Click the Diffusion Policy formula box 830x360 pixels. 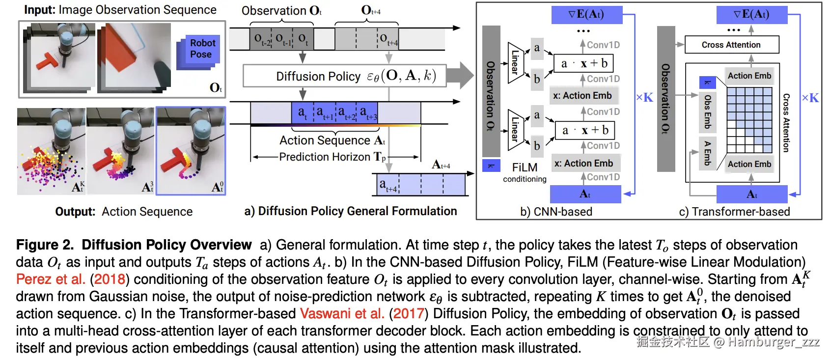tap(344, 76)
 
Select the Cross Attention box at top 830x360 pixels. tap(731, 45)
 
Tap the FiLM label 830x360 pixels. tap(525, 167)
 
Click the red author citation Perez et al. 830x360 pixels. tap(51, 279)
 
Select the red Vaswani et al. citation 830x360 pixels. tap(342, 314)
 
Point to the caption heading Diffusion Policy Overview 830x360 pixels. tap(166, 245)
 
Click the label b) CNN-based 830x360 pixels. tap(556, 212)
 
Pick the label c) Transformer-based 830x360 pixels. tap(734, 212)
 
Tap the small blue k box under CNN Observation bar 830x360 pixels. tap(491, 166)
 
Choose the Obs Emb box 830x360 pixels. tap(707, 111)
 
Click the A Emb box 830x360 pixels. tap(707, 153)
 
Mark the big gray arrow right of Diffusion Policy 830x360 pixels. tap(460, 76)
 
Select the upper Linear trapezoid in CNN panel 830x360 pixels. tap(515, 62)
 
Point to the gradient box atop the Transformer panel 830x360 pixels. tap(751, 14)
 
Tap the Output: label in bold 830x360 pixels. tap(75, 212)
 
